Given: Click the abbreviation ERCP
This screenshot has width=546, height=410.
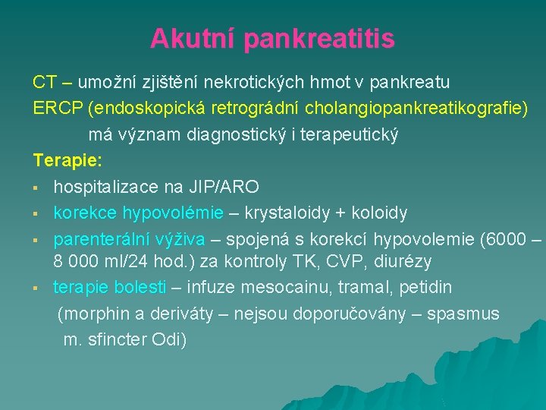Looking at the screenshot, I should pyautogui.click(x=58, y=108).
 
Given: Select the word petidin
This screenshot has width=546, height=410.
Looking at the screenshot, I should pyautogui.click(x=425, y=288).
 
